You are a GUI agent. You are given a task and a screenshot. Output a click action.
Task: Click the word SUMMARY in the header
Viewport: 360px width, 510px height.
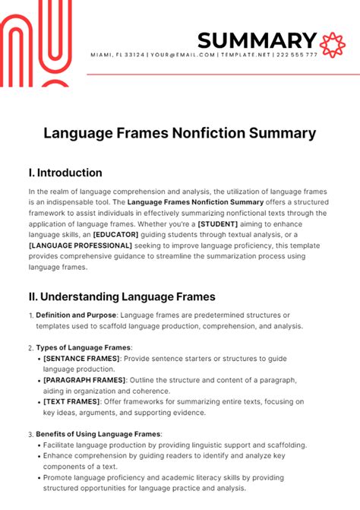[x=257, y=40]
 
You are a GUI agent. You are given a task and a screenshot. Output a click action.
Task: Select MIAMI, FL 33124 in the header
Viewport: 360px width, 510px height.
[x=118, y=55]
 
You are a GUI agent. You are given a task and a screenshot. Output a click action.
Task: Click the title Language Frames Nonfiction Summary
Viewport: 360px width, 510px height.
[x=179, y=133]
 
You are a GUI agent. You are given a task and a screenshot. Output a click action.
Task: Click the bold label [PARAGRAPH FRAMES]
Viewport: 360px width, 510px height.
[x=81, y=379]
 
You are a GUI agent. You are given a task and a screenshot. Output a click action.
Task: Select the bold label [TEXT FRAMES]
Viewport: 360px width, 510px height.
[x=65, y=401]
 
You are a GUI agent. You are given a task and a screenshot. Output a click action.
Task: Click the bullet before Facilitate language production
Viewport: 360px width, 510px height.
[x=39, y=445]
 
